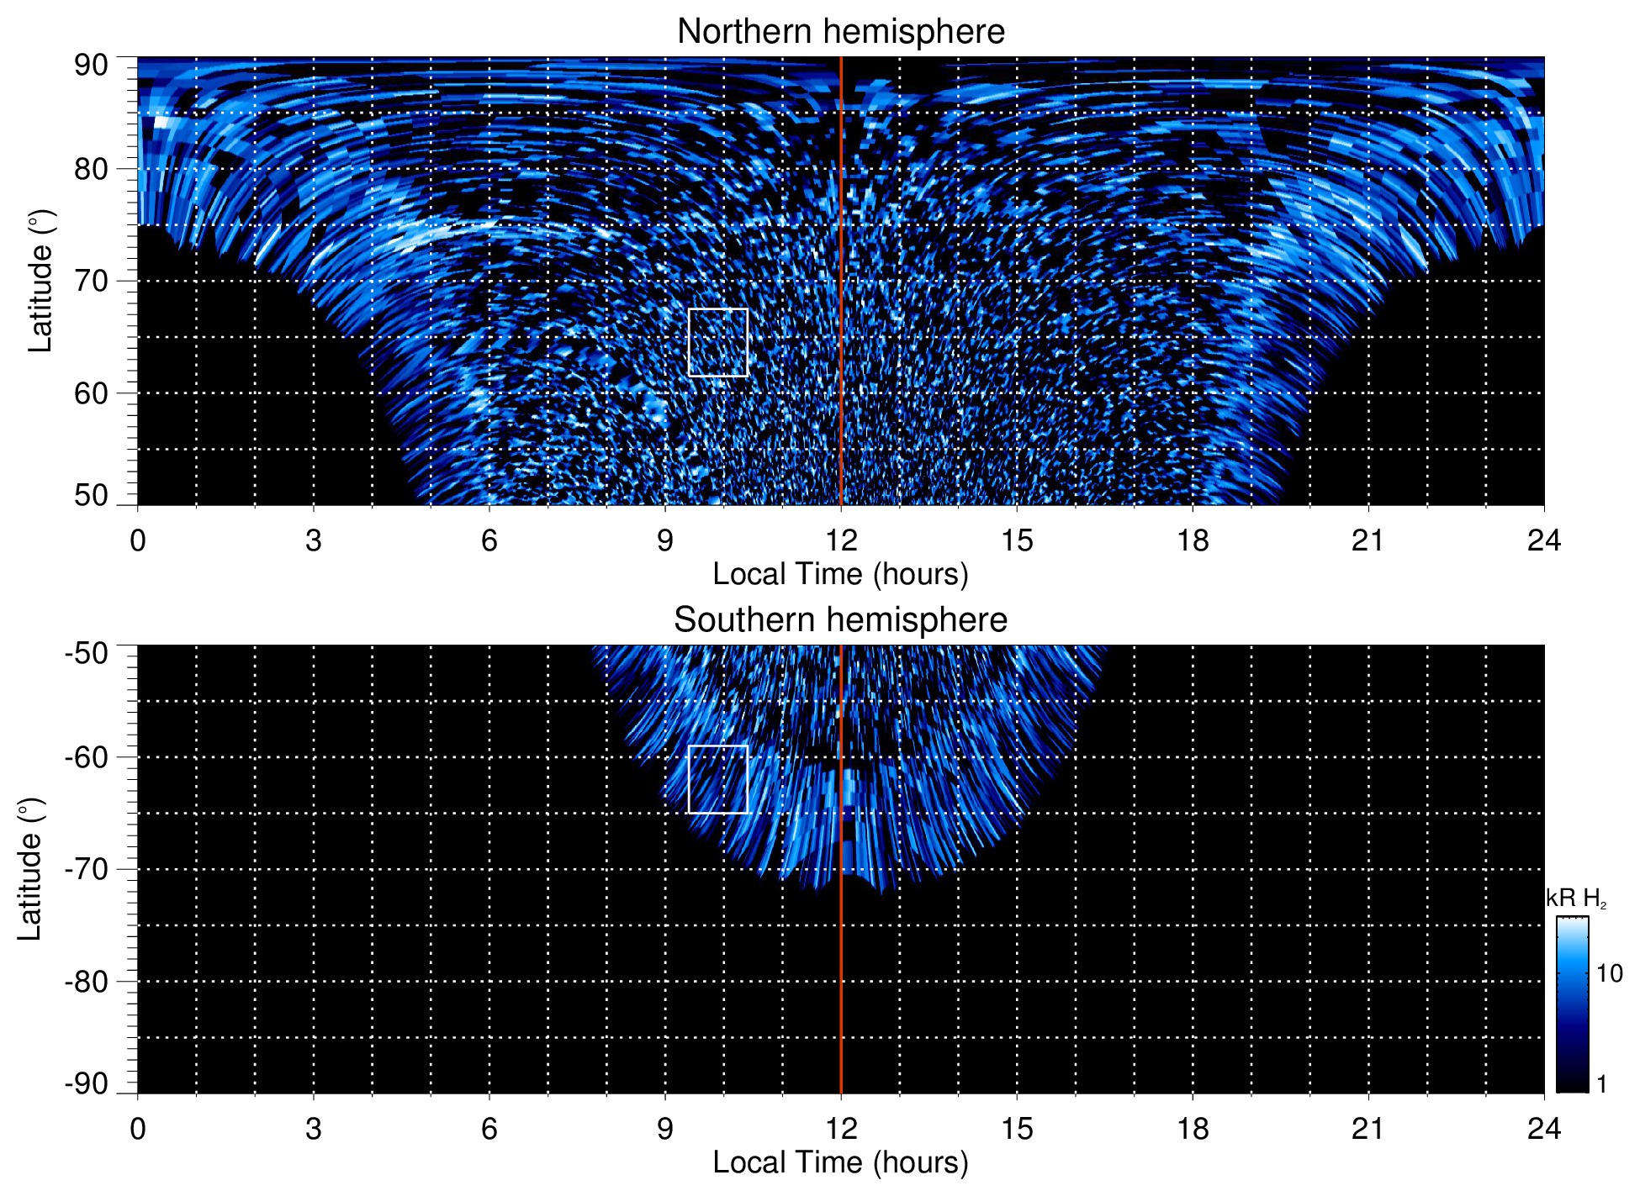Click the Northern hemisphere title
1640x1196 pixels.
coord(840,32)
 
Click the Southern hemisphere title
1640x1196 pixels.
coord(840,620)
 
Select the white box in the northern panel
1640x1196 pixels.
coord(717,309)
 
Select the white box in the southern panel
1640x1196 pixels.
coord(717,746)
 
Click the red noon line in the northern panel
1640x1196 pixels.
coord(841,252)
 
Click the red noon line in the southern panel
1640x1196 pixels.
coord(841,967)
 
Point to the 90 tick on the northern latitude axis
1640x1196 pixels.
coord(91,66)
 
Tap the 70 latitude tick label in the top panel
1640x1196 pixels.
coord(91,281)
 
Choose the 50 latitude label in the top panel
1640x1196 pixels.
coord(91,496)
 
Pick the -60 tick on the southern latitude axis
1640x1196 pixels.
coord(87,757)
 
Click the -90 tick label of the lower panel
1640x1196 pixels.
coord(87,1084)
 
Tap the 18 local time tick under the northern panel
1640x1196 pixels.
coord(1193,540)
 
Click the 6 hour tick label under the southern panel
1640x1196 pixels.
coord(489,1129)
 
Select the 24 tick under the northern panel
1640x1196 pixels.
coord(1543,540)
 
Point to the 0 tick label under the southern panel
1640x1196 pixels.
coord(138,1129)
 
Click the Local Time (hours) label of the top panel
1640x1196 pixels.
coord(840,574)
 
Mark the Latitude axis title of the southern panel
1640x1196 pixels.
coord(30,869)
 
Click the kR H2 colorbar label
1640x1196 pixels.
coord(1576,898)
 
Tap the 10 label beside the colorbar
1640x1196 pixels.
coord(1609,973)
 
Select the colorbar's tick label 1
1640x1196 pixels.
coord(1601,1084)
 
